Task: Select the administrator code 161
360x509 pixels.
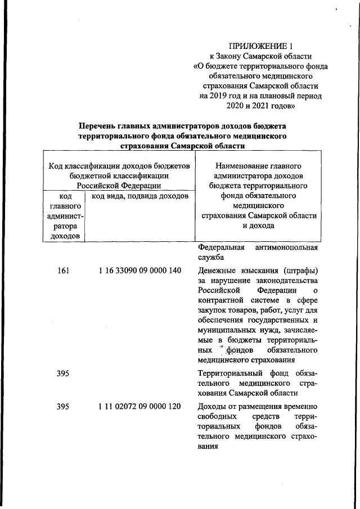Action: pyautogui.click(x=63, y=271)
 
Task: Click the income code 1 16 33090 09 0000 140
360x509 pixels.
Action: pyautogui.click(x=139, y=271)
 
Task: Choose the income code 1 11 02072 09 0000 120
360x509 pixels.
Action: pyautogui.click(x=139, y=407)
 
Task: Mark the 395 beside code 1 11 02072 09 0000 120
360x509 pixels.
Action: pyautogui.click(x=63, y=407)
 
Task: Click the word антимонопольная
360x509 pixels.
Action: pyautogui.click(x=286, y=247)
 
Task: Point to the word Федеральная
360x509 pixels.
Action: pyautogui.click(x=221, y=247)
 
